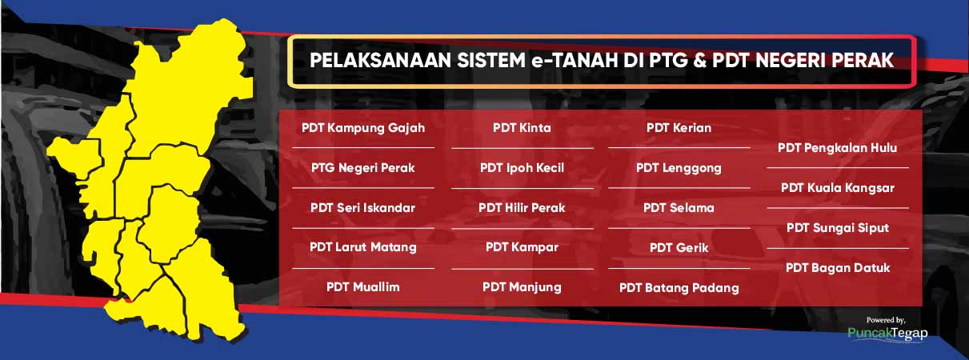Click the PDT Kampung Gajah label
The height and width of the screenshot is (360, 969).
click(x=363, y=129)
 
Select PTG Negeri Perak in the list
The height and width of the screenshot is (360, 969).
click(x=363, y=168)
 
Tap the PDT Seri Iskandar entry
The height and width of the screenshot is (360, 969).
click(x=363, y=208)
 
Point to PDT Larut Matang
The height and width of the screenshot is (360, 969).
click(x=363, y=247)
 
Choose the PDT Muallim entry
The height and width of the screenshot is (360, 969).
click(x=363, y=287)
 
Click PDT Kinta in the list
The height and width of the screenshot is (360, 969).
click(x=523, y=128)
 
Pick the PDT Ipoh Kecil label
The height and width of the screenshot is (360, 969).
click(x=523, y=168)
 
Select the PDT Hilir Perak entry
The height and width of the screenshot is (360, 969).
click(x=523, y=208)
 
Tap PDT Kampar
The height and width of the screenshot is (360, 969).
click(x=523, y=247)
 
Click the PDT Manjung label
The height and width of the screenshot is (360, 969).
click(x=523, y=288)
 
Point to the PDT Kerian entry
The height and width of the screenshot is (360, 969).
click(x=679, y=128)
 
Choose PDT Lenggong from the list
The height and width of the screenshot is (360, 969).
click(x=679, y=168)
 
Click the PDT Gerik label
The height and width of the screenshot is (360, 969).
click(x=679, y=248)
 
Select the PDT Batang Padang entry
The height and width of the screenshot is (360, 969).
click(x=679, y=288)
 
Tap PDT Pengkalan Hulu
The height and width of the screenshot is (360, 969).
click(x=838, y=148)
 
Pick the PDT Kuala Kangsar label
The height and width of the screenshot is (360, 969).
click(x=838, y=188)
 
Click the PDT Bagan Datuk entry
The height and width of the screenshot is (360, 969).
click(x=838, y=268)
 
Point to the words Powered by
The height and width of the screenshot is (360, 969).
click(x=886, y=320)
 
